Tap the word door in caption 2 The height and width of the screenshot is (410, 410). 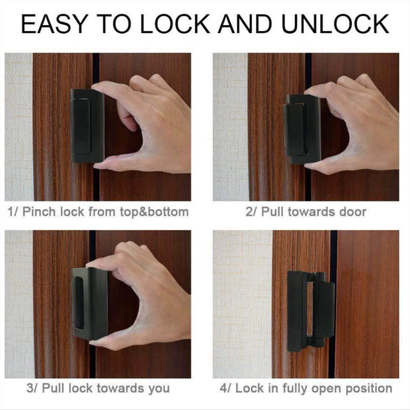(x=351, y=212)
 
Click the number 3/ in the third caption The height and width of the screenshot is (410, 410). (x=31, y=388)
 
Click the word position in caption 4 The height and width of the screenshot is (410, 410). (x=370, y=388)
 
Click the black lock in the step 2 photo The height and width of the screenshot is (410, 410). (x=302, y=128)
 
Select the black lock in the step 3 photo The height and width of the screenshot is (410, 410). (x=89, y=305)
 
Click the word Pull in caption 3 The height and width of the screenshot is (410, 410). (x=52, y=388)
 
